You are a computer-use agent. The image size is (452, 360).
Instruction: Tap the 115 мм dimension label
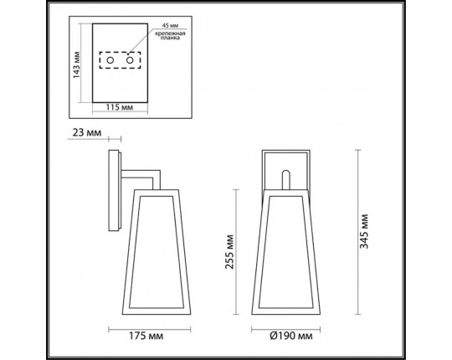pos(117,108)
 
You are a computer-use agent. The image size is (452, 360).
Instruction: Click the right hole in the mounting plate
pos(130,62)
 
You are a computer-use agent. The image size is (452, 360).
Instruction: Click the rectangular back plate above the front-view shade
pos(287,167)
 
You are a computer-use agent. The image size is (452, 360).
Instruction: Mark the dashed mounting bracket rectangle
pos(120,62)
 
